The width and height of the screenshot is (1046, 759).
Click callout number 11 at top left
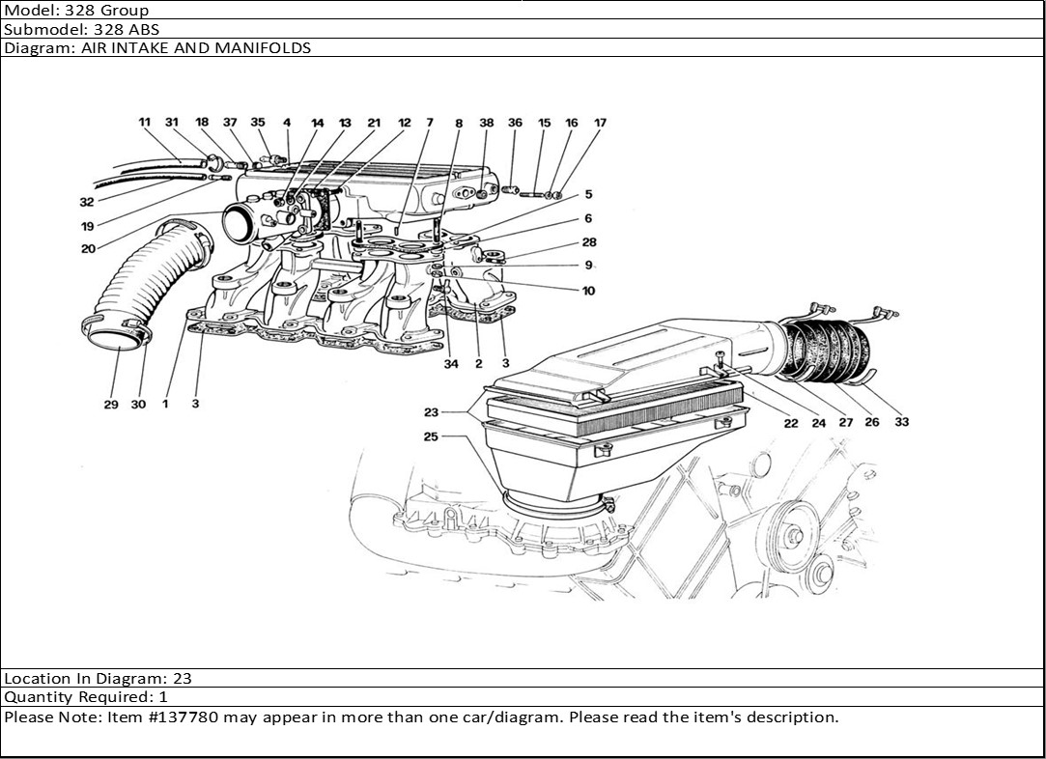145,123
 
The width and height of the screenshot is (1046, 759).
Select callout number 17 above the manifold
600,124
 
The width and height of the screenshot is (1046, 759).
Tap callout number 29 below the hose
111,405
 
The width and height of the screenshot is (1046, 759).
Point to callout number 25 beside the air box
430,436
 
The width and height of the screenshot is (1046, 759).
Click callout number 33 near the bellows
901,422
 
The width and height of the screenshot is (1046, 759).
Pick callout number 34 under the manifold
450,364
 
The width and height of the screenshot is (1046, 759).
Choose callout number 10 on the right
588,291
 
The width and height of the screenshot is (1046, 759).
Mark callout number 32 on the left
87,203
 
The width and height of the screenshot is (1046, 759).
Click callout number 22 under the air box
791,422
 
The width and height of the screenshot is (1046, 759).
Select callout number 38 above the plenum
487,124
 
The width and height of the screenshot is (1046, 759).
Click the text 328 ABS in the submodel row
126,29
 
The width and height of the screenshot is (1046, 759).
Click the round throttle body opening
241,224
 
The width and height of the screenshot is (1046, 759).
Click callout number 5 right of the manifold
588,195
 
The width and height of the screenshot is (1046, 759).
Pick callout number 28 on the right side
588,242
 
